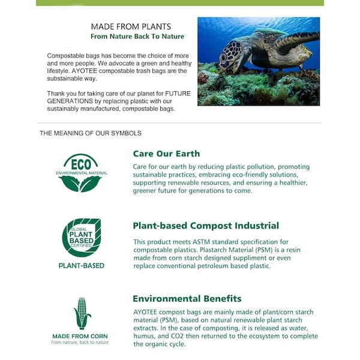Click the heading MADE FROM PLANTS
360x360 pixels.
click(131, 26)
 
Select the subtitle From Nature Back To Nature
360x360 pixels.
click(137, 37)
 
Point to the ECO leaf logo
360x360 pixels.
click(81, 173)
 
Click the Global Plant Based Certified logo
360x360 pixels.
click(81, 238)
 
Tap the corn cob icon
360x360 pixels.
click(81, 314)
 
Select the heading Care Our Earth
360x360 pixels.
click(166, 154)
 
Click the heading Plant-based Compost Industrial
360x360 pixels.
click(205, 226)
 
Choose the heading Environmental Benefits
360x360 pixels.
click(187, 298)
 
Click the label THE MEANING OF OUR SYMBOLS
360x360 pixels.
click(91, 133)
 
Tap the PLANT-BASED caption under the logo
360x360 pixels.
click(81, 265)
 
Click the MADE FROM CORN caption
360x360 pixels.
click(80, 335)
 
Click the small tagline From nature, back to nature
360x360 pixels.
click(80, 342)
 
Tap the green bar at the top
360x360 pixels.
click(180, 3)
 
